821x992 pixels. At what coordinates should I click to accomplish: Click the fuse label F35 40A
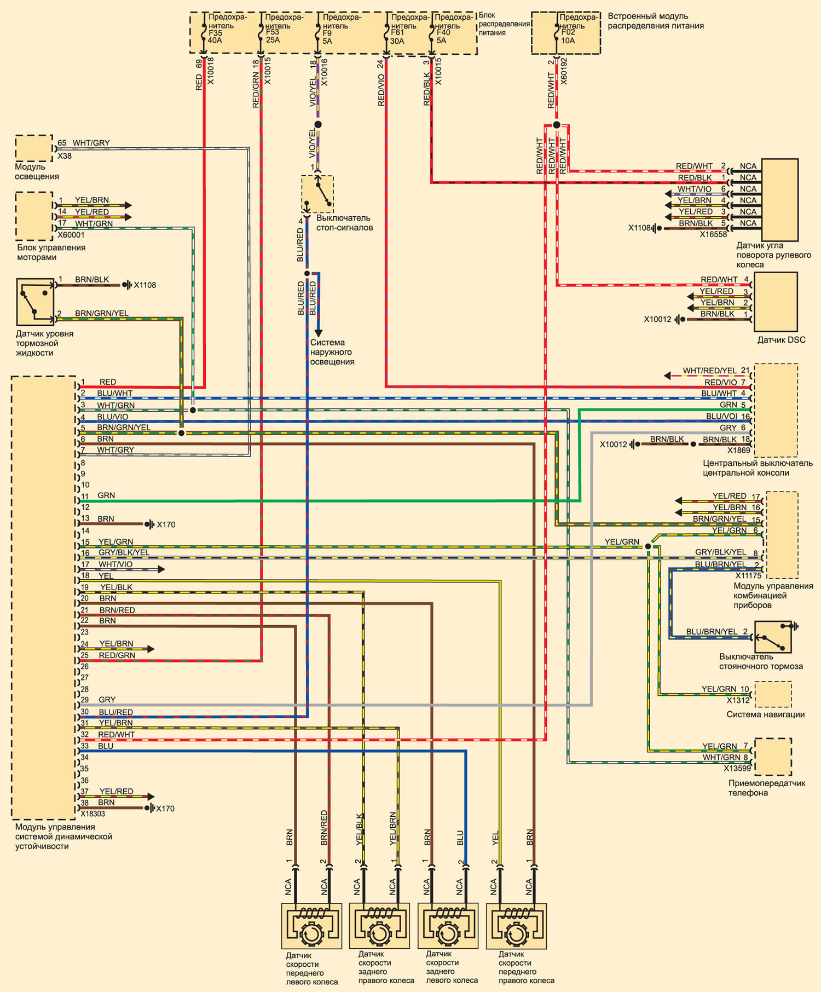pos(216,37)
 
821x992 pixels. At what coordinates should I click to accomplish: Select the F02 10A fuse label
pos(568,37)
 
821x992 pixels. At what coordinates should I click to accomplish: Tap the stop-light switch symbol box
pos(317,194)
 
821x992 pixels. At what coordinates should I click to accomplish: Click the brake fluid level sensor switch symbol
pos(35,302)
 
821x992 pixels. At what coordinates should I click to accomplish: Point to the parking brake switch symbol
pos(773,637)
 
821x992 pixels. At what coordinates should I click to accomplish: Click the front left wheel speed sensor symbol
pos(311,926)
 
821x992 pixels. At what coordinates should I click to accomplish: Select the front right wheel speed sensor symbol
pos(516,926)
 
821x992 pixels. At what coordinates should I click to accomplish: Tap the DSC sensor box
pos(776,302)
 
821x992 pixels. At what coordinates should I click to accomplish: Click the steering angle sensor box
pos(780,200)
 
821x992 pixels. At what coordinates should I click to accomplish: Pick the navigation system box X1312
pos(773,694)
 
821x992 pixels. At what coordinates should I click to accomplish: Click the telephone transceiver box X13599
pos(773,757)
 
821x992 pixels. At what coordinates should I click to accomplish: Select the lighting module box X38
pos(34,148)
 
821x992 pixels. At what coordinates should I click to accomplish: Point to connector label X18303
pos(92,814)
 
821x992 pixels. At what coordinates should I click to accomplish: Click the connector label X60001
pos(71,235)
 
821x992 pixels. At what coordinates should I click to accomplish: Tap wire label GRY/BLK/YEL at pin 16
pos(124,552)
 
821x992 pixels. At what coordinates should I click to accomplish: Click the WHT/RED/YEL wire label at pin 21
pos(710,371)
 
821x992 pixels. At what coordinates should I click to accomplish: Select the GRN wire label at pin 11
pos(106,495)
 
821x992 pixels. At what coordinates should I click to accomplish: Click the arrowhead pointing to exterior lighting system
pos(318,333)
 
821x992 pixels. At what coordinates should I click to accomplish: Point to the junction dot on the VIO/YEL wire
pos(318,125)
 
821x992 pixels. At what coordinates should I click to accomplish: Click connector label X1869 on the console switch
pos(739,451)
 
